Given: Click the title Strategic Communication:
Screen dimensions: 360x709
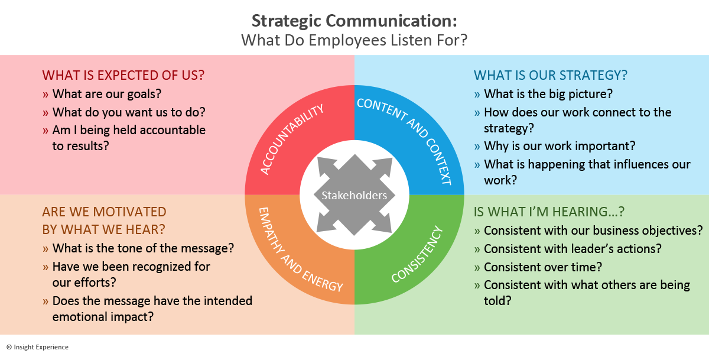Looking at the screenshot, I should [354, 21].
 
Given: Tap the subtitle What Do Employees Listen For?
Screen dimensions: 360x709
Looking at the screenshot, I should [354, 40].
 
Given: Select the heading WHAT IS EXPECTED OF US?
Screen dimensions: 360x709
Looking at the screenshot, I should [123, 76].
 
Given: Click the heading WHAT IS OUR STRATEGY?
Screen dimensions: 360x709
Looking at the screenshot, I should [550, 76].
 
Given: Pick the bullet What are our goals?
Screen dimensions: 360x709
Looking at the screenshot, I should [107, 93].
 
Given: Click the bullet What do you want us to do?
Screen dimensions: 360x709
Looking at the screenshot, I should [129, 112].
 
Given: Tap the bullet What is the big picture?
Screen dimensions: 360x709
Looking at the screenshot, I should [548, 93].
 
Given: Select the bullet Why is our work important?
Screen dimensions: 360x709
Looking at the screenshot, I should [559, 146].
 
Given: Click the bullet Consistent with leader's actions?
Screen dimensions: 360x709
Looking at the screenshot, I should [573, 249].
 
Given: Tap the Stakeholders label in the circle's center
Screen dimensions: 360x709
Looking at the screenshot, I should [354, 195].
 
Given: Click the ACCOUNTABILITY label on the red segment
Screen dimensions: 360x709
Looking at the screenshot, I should [292, 140].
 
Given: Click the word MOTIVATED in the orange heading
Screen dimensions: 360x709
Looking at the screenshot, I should [128, 212].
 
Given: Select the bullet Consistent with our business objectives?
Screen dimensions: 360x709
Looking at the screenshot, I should [593, 231].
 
